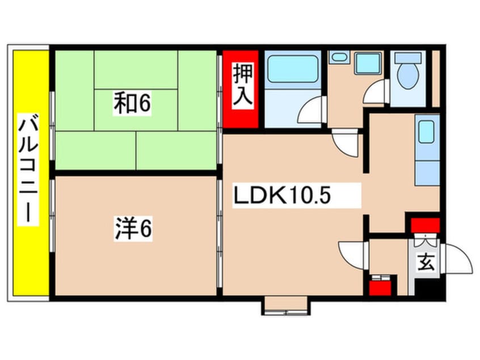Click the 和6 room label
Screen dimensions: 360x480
132,104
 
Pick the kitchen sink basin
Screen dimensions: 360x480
427,132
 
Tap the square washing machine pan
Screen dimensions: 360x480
367,63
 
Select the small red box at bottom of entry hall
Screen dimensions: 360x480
380,285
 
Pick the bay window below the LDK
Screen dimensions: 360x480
287,305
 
